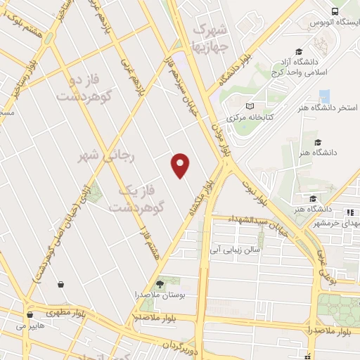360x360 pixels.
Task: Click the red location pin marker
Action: point(181,165)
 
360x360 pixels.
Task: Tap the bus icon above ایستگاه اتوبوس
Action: point(334,12)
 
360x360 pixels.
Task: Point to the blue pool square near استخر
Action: point(324,96)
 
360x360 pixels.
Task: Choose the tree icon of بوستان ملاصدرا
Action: point(159,283)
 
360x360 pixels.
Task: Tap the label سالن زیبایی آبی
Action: point(240,250)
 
